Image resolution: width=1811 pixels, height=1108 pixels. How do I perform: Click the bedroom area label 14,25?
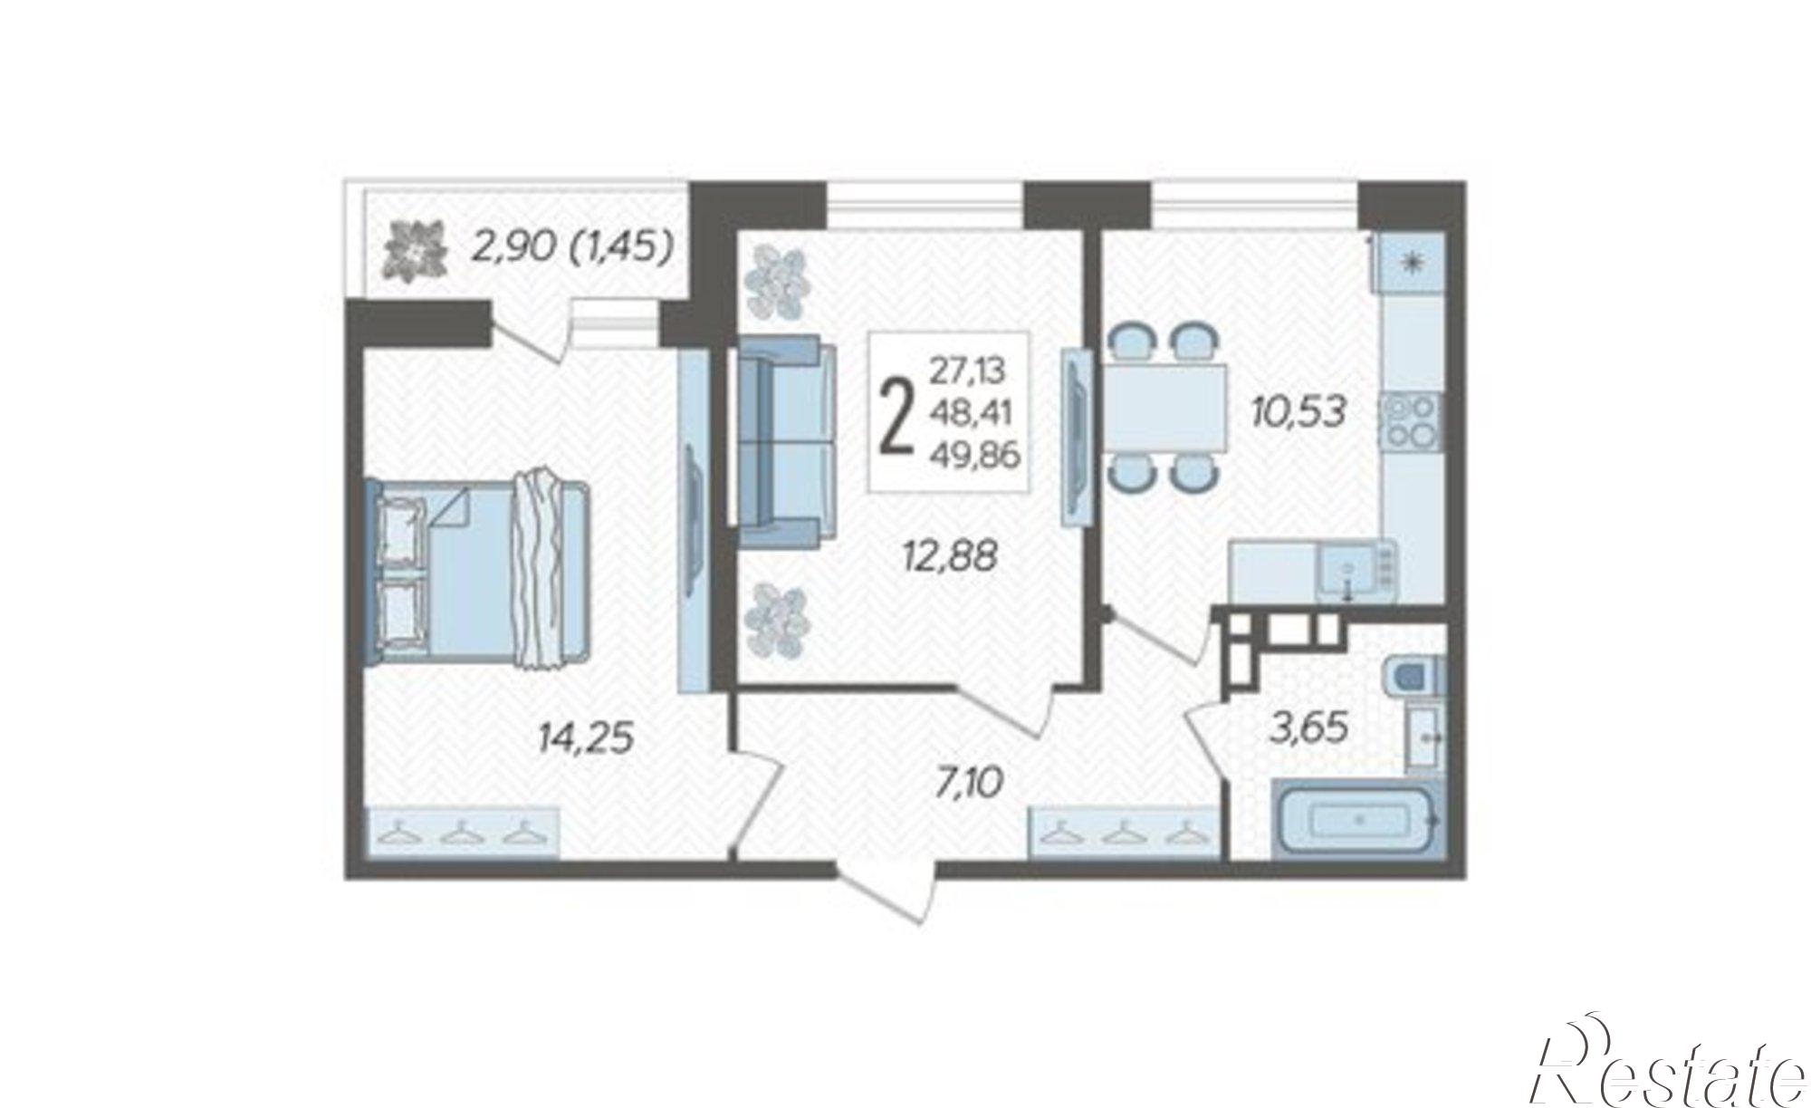coord(585,738)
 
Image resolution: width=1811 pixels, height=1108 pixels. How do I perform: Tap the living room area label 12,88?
coord(949,555)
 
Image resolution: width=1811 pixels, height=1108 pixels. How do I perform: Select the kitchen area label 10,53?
coord(1298,412)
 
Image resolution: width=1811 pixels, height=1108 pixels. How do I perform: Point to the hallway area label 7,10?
coord(970,780)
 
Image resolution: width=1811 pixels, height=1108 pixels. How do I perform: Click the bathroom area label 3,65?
coord(1309,727)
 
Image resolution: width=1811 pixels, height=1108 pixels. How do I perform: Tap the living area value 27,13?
coord(968,371)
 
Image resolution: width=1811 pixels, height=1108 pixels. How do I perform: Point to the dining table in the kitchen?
coord(1163,409)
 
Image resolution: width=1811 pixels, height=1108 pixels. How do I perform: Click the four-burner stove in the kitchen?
coord(1411,422)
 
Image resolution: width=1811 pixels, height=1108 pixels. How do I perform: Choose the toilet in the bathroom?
coord(1413,675)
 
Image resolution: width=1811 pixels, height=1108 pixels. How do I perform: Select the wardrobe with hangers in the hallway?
coord(1124,831)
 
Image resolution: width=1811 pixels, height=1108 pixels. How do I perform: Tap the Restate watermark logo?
coord(1666,1070)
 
